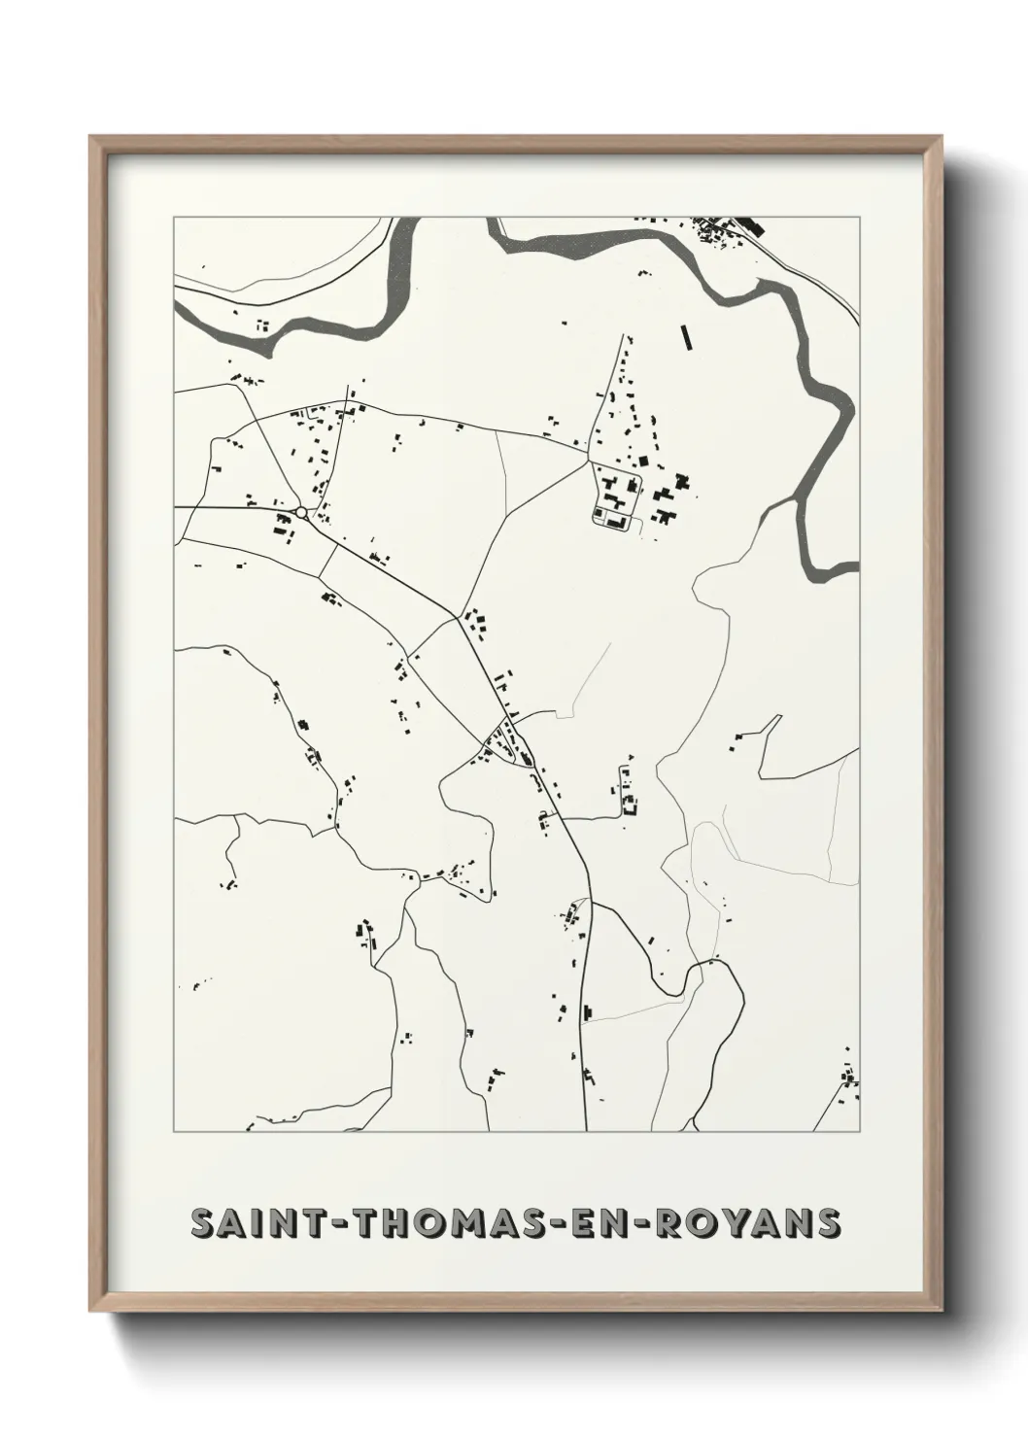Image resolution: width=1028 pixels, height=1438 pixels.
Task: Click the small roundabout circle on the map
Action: click(x=301, y=512)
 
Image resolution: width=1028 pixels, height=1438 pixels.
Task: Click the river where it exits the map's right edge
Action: click(x=843, y=570)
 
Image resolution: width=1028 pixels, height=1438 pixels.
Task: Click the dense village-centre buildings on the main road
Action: click(x=503, y=744)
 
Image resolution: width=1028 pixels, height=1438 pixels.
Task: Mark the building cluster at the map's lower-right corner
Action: click(x=848, y=1078)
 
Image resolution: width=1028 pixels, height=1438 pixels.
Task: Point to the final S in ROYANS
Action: click(x=827, y=1224)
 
